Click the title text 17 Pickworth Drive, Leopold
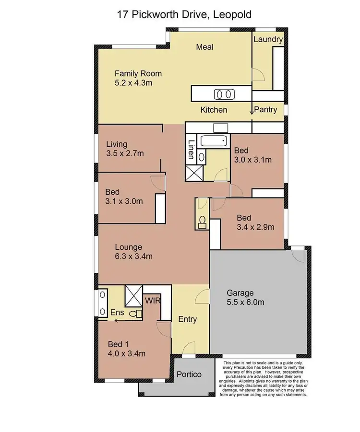(184, 15)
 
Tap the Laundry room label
(268, 39)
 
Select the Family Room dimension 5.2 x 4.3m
(133, 83)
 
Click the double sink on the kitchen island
(223, 93)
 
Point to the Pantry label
(265, 110)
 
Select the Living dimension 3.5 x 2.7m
(125, 153)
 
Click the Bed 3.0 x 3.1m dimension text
(253, 160)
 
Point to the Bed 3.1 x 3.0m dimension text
(124, 201)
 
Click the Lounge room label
(128, 247)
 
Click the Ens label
(118, 313)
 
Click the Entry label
(187, 319)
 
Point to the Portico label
(188, 374)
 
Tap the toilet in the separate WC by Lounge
(202, 221)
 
